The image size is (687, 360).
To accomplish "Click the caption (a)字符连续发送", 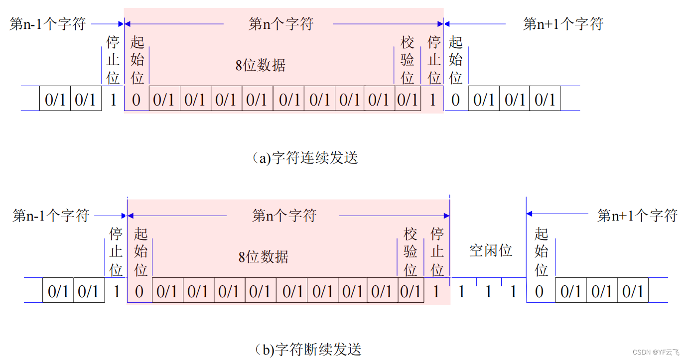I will pos(305,158).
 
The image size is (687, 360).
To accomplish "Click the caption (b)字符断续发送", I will pos(307,349).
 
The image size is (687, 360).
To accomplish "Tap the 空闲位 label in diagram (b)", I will pos(491,250).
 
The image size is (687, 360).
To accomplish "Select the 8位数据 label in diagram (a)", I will pos(260,65).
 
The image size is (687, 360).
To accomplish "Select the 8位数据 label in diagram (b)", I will pos(263,257).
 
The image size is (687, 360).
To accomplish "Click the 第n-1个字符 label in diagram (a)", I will pos(48,23).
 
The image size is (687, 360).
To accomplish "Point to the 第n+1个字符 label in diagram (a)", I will pos(563,23).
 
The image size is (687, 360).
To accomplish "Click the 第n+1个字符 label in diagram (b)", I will pos(637,216).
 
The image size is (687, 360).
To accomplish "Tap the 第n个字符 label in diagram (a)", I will pos(281,23).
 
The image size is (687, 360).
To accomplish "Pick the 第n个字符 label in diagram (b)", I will pos(284,216).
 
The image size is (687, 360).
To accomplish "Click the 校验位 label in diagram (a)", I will pos(408,60).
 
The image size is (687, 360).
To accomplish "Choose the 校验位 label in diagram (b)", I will pos(411,251).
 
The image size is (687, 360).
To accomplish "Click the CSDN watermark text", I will pos(656,352).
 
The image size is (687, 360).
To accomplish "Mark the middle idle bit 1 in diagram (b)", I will pos(488,291).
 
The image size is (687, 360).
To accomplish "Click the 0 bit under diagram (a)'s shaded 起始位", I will pos(136,100).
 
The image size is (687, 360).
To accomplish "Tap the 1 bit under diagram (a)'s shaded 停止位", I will pos(432,100).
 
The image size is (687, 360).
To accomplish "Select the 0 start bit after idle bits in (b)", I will pos(539,291).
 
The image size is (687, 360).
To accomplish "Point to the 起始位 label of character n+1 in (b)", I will pos(542,251).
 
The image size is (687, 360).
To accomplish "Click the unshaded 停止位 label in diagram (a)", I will pos(113,60).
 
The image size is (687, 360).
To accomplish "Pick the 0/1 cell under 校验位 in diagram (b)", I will pos(411,291).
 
